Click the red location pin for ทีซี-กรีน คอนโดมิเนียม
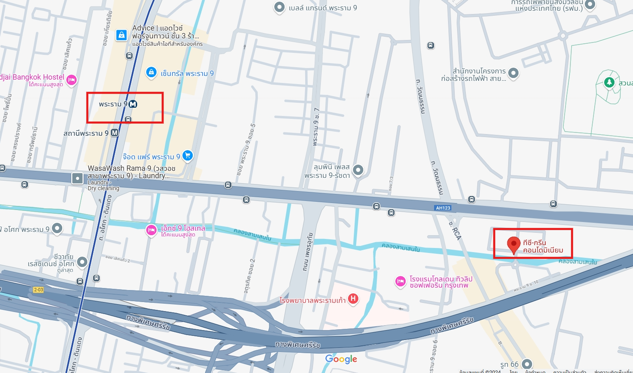tap(514, 244)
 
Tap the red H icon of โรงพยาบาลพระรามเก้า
tap(353, 299)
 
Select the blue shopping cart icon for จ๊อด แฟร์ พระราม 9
tap(188, 156)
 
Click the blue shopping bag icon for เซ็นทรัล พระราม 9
tap(151, 72)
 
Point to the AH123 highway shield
tap(443, 208)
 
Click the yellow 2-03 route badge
tap(38, 290)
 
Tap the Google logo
tap(341, 359)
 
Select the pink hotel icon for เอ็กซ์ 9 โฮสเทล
tap(151, 230)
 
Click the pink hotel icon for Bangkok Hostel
tap(72, 80)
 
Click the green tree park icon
tap(609, 82)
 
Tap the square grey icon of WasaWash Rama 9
tap(77, 178)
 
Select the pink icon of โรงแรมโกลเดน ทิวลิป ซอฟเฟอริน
tap(400, 281)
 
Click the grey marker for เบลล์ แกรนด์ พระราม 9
tap(279, 7)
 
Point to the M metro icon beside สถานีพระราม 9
tap(114, 133)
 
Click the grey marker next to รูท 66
tap(527, 364)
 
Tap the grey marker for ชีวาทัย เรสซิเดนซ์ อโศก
tap(82, 262)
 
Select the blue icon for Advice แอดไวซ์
tap(121, 35)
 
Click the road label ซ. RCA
tap(455, 231)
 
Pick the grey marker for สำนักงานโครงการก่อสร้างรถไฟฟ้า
tap(513, 73)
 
